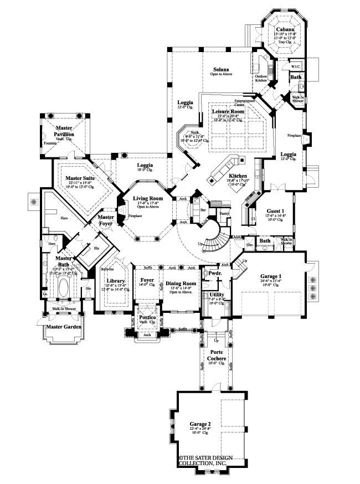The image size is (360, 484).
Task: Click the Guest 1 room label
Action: pyautogui.click(x=275, y=211)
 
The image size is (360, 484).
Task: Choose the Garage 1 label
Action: pyautogui.click(x=271, y=275)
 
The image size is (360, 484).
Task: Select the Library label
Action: pyautogui.click(x=115, y=280)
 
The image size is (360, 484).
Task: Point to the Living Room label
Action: pyautogui.click(x=147, y=198)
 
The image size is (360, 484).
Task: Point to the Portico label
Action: pyautogui.click(x=147, y=316)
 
